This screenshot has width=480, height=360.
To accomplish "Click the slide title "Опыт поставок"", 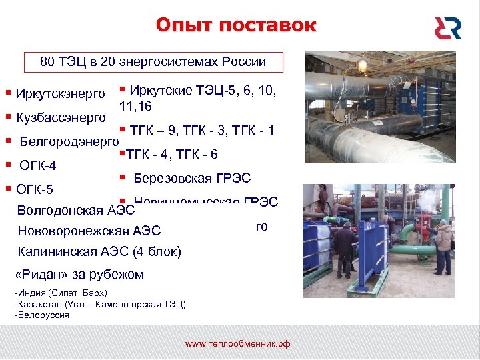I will (236, 26).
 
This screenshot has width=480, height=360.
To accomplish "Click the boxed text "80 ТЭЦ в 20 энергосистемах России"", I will (153, 62).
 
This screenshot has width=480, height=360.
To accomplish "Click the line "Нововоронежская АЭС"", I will (89, 231).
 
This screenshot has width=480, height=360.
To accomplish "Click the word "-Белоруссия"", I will (41, 315).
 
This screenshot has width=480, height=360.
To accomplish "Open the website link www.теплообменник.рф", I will (238, 344).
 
